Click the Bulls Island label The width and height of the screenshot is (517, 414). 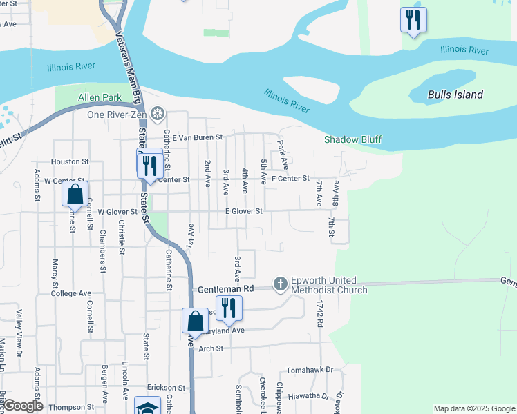point(455,95)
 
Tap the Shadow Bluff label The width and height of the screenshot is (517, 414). point(353,139)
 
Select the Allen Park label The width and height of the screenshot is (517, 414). point(99,98)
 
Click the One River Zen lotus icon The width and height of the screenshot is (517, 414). point(158,113)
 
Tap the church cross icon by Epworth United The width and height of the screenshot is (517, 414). point(281,284)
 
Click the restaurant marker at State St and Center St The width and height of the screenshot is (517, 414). point(149,164)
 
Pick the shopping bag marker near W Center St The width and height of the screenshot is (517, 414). point(75,194)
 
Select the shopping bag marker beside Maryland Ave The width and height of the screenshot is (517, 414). point(195,321)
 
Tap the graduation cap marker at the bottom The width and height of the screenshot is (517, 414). point(148,407)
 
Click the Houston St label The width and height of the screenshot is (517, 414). point(70,161)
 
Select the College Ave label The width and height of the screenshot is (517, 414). point(71,293)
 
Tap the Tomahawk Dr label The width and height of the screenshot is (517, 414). point(310,370)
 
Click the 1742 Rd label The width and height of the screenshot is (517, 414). point(320,314)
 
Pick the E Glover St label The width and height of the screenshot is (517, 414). point(243,211)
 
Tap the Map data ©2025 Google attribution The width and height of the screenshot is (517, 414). point(473,408)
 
